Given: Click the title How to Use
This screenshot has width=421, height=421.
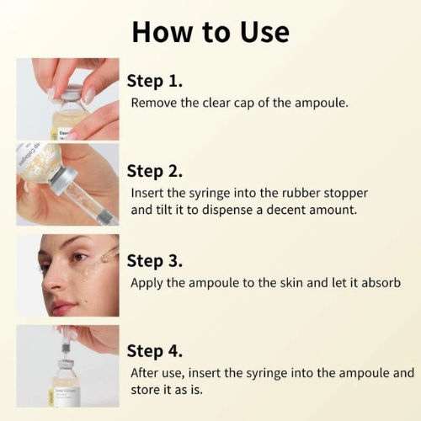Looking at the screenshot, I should (x=210, y=31).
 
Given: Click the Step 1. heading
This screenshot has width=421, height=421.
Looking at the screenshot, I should (x=155, y=81).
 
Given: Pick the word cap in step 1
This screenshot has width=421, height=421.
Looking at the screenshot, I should (x=243, y=103).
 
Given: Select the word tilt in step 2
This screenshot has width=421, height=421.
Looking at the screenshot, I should (x=163, y=210).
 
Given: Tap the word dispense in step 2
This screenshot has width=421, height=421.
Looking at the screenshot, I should (x=230, y=210).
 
